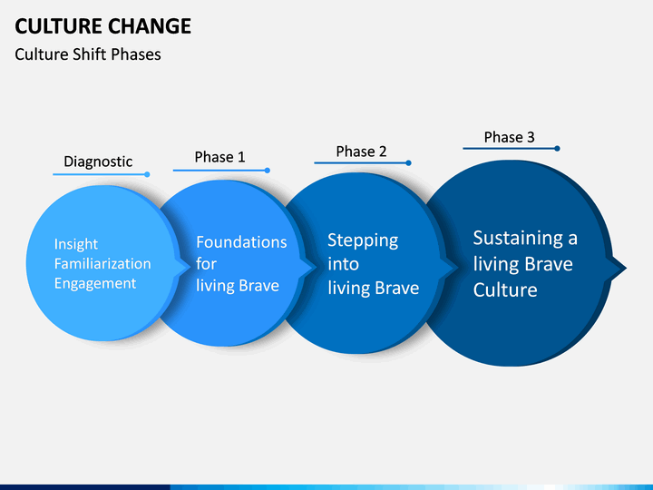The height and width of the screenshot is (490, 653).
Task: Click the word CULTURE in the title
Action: tap(59, 26)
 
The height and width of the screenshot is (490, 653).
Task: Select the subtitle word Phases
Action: tap(136, 54)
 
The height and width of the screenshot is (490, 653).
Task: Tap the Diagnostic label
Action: tap(98, 162)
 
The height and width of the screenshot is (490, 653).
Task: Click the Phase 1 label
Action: tap(219, 157)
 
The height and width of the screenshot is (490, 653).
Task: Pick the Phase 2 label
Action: tap(361, 152)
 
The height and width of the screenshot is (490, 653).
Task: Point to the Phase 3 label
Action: tap(509, 137)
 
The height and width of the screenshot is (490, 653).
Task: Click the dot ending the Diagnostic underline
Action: tap(147, 174)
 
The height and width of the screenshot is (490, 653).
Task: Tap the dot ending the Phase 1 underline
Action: tap(268, 171)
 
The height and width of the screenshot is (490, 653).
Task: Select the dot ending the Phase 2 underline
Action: tap(408, 163)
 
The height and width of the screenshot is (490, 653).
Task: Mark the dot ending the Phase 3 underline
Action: tap(557, 148)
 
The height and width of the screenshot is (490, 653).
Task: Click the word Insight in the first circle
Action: tap(76, 244)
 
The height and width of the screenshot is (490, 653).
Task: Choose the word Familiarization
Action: tap(102, 264)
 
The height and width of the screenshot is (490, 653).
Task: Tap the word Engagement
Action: tap(95, 284)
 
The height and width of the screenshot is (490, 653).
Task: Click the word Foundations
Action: tap(241, 242)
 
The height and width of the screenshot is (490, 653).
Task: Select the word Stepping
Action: tap(363, 240)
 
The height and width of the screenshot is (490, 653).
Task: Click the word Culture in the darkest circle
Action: tap(505, 290)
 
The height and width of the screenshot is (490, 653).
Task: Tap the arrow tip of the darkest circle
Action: tap(626, 268)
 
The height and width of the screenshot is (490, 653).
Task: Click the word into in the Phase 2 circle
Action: tap(343, 264)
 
